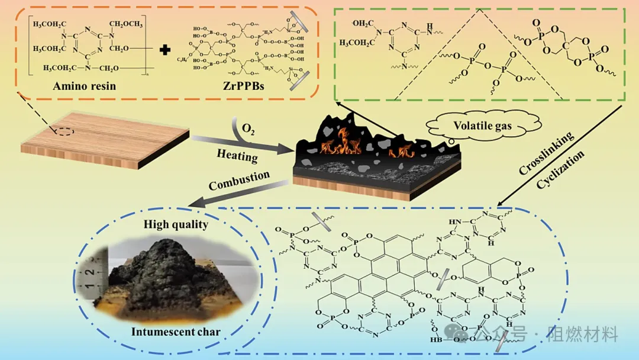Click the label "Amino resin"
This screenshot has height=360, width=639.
(84, 86)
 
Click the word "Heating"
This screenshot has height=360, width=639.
(237, 155)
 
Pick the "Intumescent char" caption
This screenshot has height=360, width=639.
(175, 332)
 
